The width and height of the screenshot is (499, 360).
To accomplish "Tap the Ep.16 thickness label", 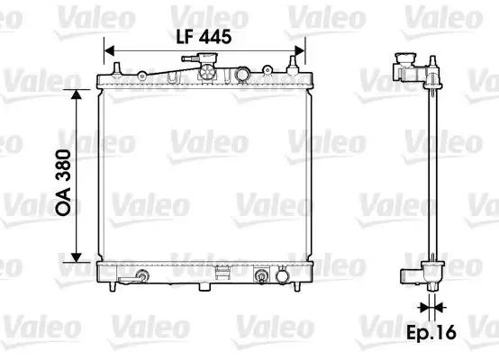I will coord(432,332).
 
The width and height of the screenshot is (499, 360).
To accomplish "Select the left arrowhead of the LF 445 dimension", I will coord(109,49).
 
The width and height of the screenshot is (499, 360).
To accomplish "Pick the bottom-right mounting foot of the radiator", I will coord(294,288).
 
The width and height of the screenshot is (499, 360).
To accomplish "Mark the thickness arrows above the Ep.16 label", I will coord(432,308).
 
